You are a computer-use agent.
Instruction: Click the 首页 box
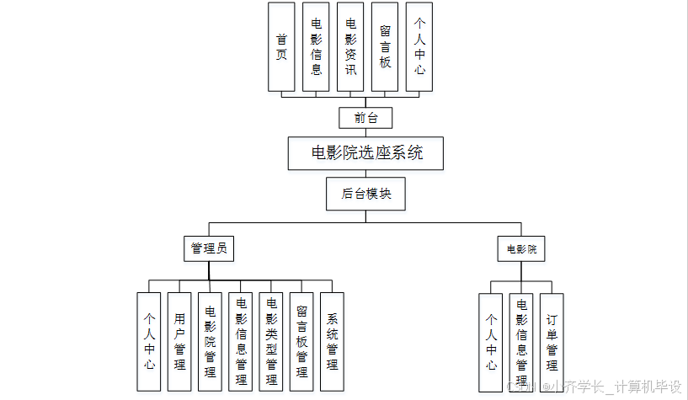pos(281,46)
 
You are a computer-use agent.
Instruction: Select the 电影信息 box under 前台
pos(316,46)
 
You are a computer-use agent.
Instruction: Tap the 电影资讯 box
pos(350,46)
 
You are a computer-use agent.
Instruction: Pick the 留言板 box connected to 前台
pos(385,46)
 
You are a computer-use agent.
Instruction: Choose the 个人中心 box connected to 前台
pos(419,46)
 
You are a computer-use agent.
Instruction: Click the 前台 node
pos(365,118)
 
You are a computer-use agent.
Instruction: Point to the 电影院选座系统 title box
pos(365,153)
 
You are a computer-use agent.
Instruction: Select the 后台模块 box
pos(365,194)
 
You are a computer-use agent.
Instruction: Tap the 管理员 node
pos(208,248)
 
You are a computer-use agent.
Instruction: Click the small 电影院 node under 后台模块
pos(520,249)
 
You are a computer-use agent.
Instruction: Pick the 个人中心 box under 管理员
pos(149,341)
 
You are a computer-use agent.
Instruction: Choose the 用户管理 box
pos(179,341)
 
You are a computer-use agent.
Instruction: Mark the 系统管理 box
pos(332,341)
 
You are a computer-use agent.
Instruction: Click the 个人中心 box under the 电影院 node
pos(491,342)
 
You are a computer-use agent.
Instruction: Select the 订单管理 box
pos(552,342)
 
